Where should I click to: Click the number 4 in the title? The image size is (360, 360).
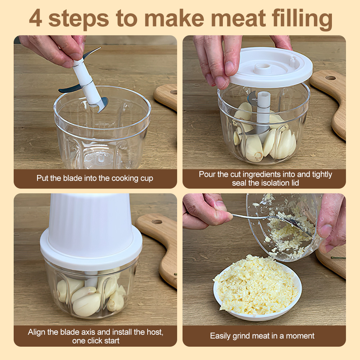[36, 18]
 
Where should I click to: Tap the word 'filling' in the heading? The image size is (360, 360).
[302, 19]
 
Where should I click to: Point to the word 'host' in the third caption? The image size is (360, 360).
[155, 332]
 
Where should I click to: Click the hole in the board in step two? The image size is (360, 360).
[330, 78]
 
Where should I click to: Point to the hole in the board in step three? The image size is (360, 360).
[157, 221]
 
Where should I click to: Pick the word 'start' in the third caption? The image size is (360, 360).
[111, 341]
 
